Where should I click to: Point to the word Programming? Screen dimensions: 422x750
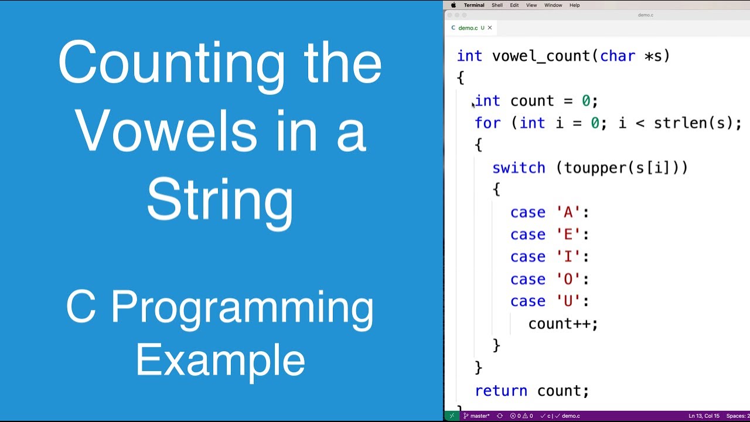coord(242,307)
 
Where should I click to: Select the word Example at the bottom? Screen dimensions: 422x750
coord(220,360)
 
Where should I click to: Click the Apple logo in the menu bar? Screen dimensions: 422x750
coord(453,5)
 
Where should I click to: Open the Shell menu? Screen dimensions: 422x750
coord(497,5)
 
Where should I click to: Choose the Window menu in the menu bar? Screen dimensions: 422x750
coord(553,5)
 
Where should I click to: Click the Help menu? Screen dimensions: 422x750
coord(575,5)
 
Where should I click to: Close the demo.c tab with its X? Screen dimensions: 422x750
coord(490,28)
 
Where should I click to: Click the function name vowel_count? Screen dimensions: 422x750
coord(541,56)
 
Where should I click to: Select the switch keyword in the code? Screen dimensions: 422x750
coord(519,168)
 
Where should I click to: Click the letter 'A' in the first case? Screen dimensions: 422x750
coord(568,213)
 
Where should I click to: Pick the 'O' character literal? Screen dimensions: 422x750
coord(568,280)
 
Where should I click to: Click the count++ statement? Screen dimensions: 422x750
coord(562,324)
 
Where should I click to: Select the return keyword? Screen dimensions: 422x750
coord(501,391)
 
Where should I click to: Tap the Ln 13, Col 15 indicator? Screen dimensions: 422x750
coord(704,416)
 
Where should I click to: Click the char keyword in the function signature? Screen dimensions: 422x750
coord(617,56)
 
